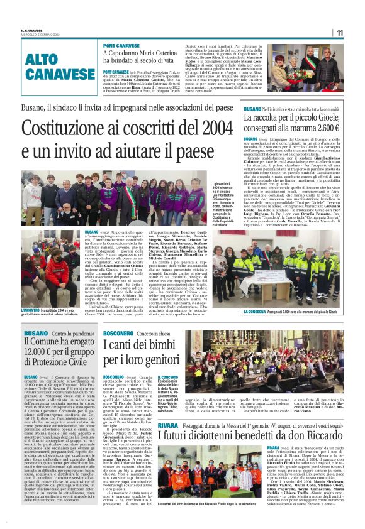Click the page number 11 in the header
pos(340,33)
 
